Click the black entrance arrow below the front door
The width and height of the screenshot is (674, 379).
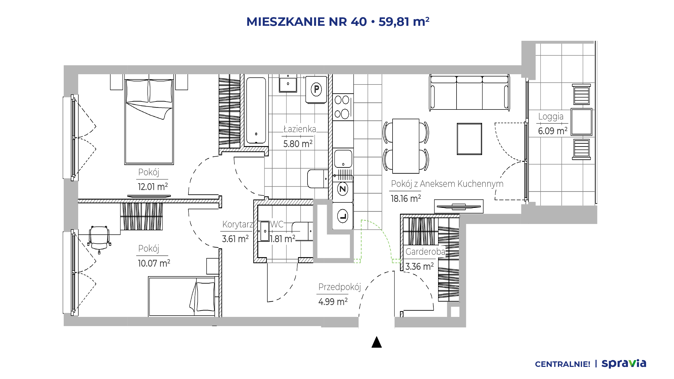(x=376, y=342)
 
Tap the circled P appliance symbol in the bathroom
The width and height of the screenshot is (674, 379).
(x=316, y=89)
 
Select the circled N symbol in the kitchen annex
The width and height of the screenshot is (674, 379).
(x=343, y=189)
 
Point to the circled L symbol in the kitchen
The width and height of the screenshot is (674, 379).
(x=343, y=216)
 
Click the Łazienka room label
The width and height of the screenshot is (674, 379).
(x=300, y=129)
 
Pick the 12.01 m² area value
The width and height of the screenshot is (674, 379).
(x=153, y=187)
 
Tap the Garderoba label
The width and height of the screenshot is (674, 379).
(x=425, y=252)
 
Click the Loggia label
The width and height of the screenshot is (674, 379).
(x=551, y=117)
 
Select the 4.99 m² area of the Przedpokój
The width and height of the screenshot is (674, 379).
(x=333, y=302)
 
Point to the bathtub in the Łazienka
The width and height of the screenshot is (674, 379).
(x=256, y=110)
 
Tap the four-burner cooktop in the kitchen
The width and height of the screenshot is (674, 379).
(x=343, y=107)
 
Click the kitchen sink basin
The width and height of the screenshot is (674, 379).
(x=343, y=159)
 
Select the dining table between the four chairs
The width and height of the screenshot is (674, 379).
(x=406, y=146)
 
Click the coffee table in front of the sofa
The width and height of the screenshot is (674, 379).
(x=469, y=139)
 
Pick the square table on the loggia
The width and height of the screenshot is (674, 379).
(x=581, y=122)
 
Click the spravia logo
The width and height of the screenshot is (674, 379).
(x=624, y=363)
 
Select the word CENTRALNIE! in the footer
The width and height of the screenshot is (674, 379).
(x=562, y=364)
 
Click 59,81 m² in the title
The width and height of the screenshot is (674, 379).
(x=404, y=22)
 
